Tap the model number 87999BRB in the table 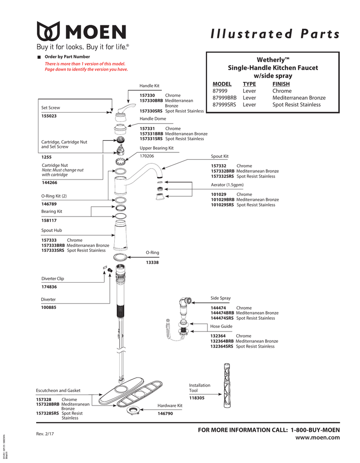pyautogui.click(x=224, y=98)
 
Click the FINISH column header pyautogui.click(x=281, y=84)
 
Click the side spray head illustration pyautogui.click(x=185, y=302)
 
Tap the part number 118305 pyautogui.click(x=196, y=398)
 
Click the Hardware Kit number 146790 pyautogui.click(x=165, y=413)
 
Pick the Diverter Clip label pyautogui.click(x=53, y=279)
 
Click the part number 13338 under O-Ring pyautogui.click(x=152, y=263)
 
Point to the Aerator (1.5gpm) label pyautogui.click(x=227, y=185)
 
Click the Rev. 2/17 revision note pyautogui.click(x=45, y=435)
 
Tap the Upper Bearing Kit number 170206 pyautogui.click(x=147, y=156)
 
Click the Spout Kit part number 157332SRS pyautogui.click(x=222, y=177)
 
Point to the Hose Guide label pyautogui.click(x=221, y=326)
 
